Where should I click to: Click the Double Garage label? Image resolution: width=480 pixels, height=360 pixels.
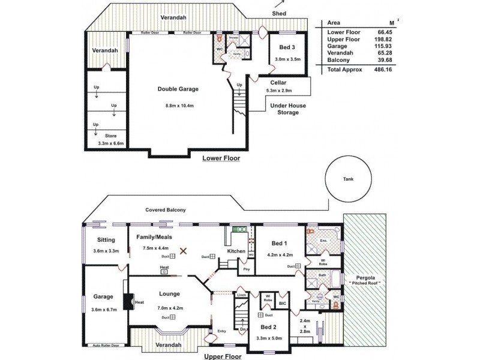178,89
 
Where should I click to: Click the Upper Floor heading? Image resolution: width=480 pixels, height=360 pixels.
223,356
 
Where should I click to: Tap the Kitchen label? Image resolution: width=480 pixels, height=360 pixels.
236,251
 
